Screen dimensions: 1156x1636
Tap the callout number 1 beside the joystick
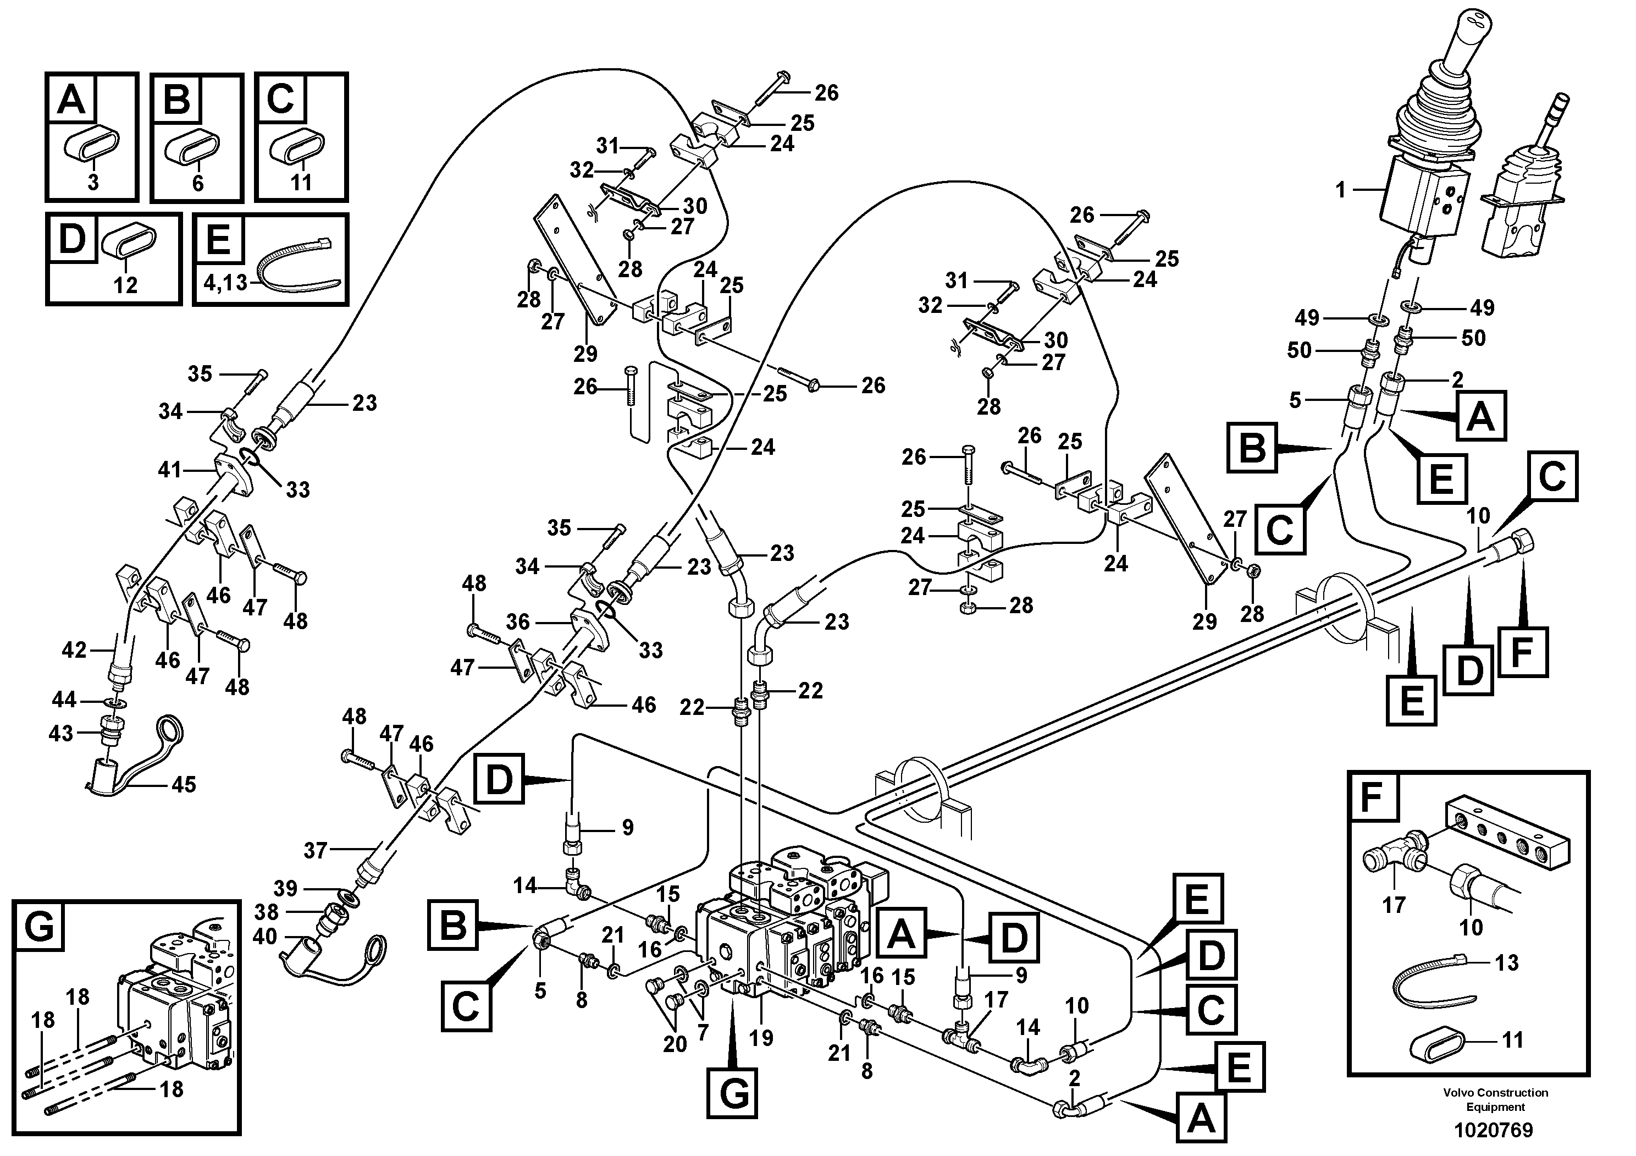pyautogui.click(x=1340, y=190)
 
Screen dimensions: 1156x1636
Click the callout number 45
pyautogui.click(x=184, y=785)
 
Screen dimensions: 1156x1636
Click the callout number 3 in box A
pyautogui.click(x=93, y=183)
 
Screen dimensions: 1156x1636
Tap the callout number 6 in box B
pyautogui.click(x=197, y=183)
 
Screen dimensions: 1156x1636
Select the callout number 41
pyautogui.click(x=169, y=470)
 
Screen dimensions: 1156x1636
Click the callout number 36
pyautogui.click(x=518, y=621)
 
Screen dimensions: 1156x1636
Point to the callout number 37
pyautogui.click(x=315, y=850)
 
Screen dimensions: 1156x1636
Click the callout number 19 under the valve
pyautogui.click(x=761, y=1038)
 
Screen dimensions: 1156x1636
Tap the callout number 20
pyautogui.click(x=674, y=1044)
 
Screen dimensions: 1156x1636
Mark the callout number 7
pyautogui.click(x=703, y=1032)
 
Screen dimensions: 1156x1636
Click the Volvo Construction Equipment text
pyautogui.click(x=1495, y=1099)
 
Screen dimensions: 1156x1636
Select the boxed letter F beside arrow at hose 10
pyautogui.click(x=1523, y=651)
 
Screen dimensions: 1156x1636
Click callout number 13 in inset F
pyautogui.click(x=1506, y=963)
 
